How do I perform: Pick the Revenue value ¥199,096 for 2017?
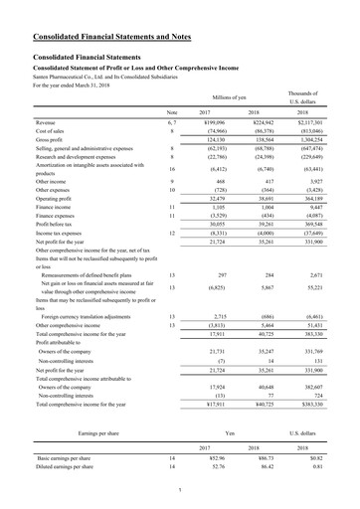[227, 121]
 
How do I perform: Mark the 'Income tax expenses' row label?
[45, 234]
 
